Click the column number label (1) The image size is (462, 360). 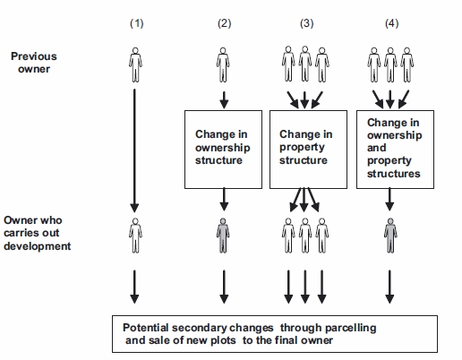tap(137, 23)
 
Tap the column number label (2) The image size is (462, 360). tap(225, 23)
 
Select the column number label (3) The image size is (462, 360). tap(307, 23)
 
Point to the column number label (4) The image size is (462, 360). tap(392, 23)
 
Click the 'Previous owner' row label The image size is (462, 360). tap(34, 63)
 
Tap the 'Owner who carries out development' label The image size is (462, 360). tap(38, 233)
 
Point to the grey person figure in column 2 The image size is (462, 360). tap(223, 236)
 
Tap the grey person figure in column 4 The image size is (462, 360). tap(390, 236)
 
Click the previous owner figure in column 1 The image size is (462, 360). tap(135, 64)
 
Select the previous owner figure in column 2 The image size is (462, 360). tap(223, 64)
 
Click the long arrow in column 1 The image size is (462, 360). tap(134, 150)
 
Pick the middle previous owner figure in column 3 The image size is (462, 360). tap(305, 64)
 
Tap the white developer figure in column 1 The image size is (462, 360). tap(135, 236)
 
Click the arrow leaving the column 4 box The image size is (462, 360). tap(389, 200)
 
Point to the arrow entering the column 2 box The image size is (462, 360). tap(224, 100)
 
